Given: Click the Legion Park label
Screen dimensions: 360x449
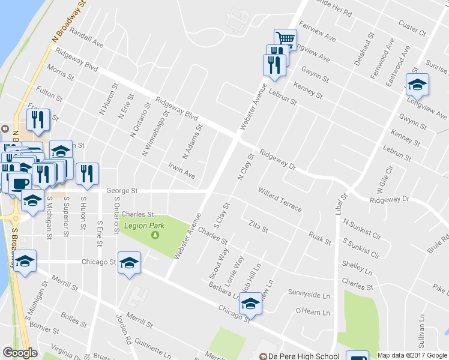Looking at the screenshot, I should click(x=143, y=226).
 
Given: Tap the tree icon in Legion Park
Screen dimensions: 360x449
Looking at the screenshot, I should click(x=155, y=235).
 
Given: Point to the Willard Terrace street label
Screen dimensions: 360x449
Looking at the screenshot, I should click(x=279, y=199).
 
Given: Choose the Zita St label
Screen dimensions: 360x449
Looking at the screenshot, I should click(x=258, y=226).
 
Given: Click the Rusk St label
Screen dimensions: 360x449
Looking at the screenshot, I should click(x=319, y=238).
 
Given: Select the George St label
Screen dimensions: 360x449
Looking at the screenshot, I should click(x=122, y=191).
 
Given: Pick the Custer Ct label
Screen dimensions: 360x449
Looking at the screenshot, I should click(x=412, y=27).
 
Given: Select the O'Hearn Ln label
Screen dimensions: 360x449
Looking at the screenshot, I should click(x=313, y=312).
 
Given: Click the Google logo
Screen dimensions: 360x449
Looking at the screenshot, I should click(x=20, y=353).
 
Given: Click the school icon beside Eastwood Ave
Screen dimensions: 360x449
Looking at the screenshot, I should click(x=417, y=85).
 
